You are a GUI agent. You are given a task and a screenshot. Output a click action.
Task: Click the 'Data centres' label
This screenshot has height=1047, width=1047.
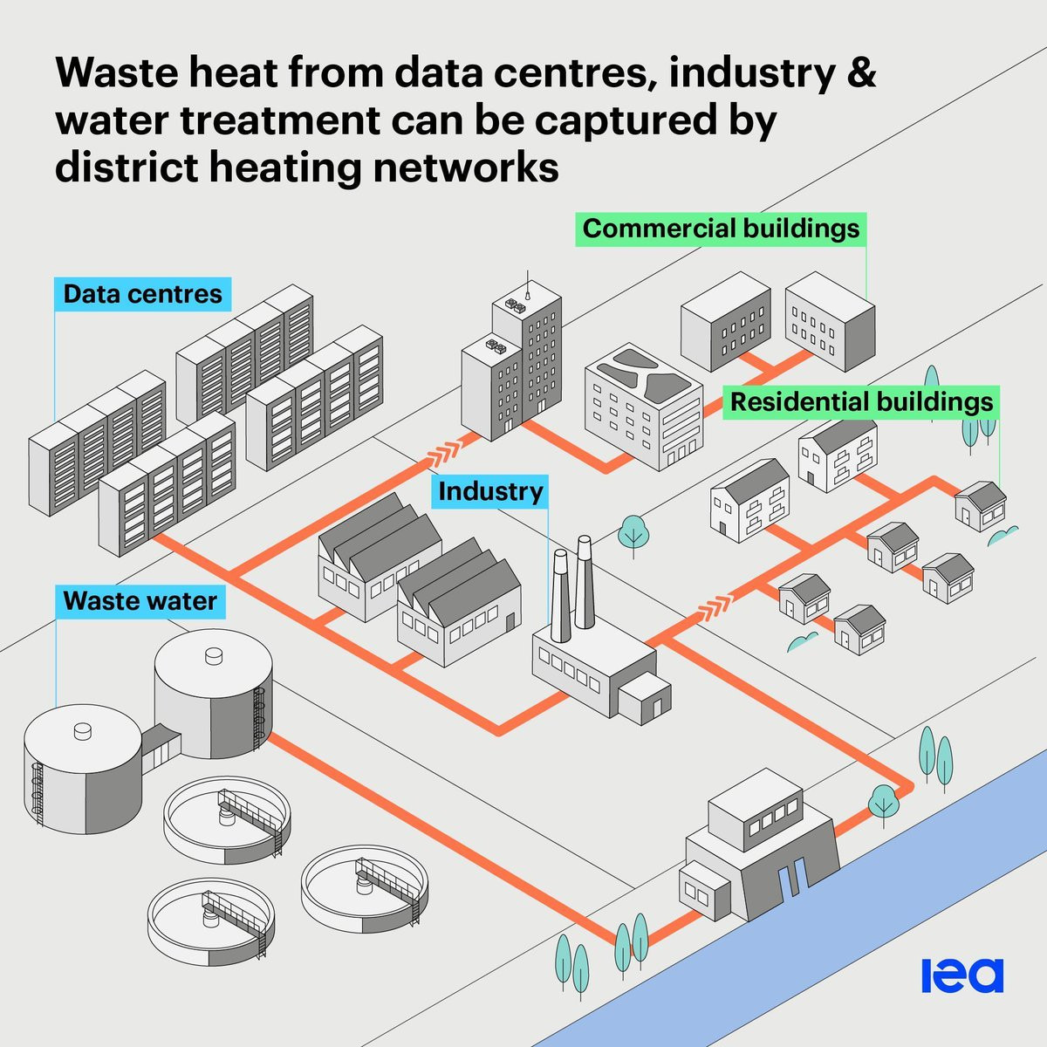(x=142, y=294)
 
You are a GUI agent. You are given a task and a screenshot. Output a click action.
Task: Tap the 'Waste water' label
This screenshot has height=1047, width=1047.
(x=140, y=601)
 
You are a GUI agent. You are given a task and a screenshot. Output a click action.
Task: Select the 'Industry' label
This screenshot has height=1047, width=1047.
(x=490, y=491)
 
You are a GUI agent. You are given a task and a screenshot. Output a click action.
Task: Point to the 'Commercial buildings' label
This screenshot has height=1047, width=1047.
(x=721, y=229)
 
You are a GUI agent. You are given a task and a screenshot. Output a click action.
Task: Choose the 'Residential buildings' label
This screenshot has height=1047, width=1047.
(x=861, y=402)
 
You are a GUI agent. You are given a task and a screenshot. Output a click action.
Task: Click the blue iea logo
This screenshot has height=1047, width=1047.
(x=962, y=975)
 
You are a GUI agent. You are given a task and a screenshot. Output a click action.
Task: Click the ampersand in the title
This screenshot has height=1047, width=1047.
(x=858, y=72)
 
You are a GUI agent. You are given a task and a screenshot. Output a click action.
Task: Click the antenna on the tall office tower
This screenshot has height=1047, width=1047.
(x=527, y=285)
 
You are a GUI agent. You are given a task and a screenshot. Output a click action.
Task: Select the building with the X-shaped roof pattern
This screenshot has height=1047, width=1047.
(x=644, y=406)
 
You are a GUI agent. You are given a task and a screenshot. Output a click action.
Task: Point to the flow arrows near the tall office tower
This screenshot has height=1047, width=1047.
(x=445, y=453)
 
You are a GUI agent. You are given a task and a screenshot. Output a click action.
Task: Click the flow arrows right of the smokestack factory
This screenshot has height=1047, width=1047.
(x=714, y=607)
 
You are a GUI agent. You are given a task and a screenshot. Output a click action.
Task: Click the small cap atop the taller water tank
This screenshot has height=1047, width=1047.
(x=213, y=656)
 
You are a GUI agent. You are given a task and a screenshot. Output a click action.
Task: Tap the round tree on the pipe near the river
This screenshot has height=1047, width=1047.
(x=883, y=804)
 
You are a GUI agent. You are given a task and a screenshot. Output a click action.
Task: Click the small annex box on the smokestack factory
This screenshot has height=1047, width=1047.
(x=645, y=698)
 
